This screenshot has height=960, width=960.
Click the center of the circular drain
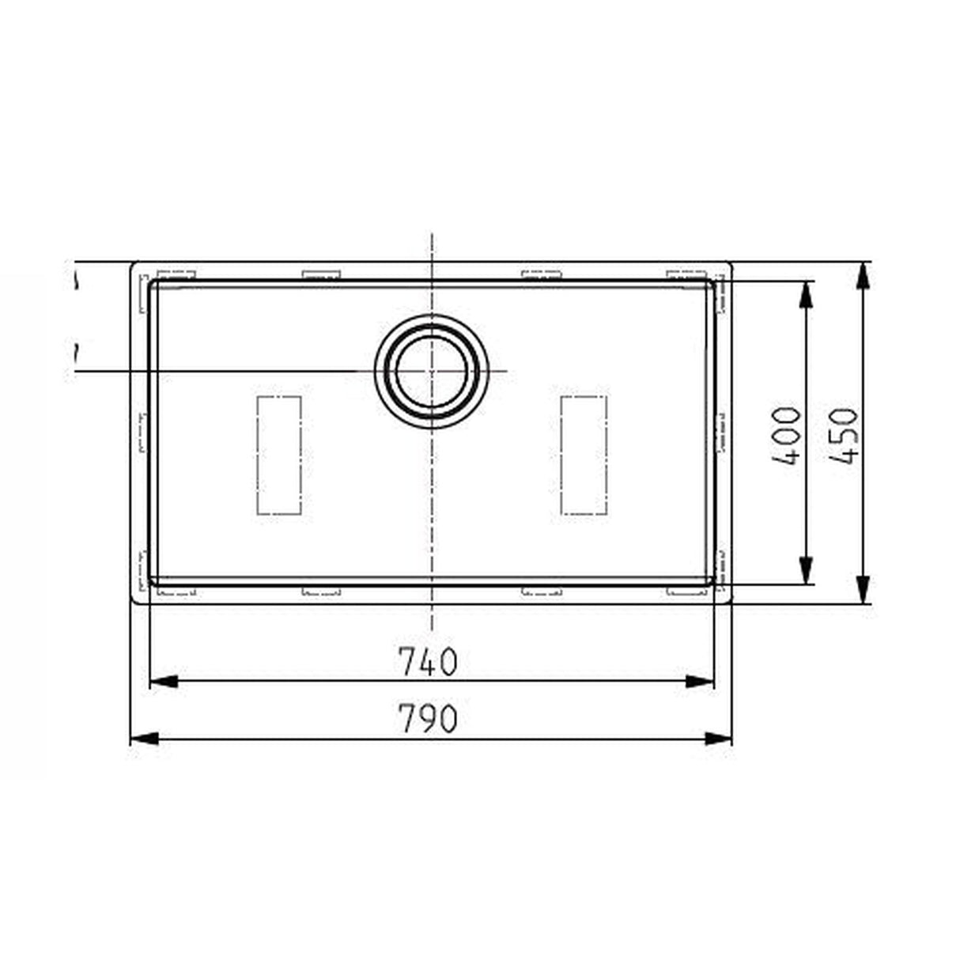coord(431,372)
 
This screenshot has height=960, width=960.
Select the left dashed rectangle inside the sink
coord(278,455)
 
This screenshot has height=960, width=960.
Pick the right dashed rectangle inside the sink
coord(584,455)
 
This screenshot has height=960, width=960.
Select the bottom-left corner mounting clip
coord(176,589)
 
